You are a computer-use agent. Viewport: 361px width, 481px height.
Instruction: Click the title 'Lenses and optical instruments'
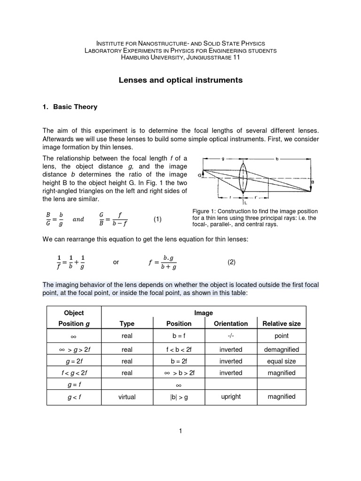(180, 80)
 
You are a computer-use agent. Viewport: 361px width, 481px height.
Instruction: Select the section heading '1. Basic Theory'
(70, 107)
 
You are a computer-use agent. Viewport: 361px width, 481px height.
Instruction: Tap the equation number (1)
(157, 219)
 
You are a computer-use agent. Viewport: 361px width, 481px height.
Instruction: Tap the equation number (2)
(231, 263)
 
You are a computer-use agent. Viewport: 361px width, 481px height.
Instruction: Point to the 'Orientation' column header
(230, 324)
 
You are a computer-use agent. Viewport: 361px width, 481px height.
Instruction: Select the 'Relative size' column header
(281, 324)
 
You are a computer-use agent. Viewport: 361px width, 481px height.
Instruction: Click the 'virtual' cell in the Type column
(127, 397)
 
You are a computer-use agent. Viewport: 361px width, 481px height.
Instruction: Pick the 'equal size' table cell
(281, 361)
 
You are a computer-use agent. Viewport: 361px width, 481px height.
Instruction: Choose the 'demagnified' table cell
(281, 350)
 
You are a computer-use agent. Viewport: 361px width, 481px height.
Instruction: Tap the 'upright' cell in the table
(230, 396)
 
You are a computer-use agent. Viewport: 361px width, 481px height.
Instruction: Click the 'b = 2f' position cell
(179, 361)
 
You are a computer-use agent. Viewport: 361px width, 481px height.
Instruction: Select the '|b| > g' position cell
(179, 397)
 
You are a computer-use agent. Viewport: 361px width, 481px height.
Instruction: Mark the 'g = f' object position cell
(74, 385)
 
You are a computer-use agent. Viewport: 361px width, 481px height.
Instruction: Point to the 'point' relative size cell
(281, 336)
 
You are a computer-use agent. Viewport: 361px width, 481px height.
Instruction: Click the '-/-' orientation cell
(230, 336)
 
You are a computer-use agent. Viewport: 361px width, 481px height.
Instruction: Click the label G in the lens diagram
(200, 175)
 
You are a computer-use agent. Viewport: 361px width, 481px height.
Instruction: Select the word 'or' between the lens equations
(116, 263)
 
